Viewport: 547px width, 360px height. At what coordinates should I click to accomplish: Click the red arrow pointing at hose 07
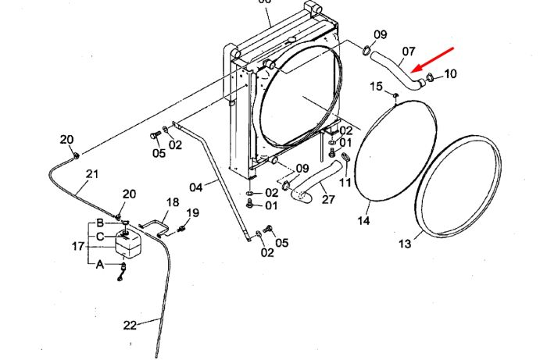click(x=433, y=59)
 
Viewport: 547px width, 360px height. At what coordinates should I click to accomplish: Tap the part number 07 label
click(x=409, y=52)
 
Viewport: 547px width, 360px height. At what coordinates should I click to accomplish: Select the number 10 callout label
click(x=450, y=74)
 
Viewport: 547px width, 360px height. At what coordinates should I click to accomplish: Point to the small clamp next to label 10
click(x=430, y=77)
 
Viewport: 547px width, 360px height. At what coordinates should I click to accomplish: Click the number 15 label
click(x=376, y=87)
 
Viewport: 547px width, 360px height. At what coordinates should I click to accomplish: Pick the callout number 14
click(x=363, y=220)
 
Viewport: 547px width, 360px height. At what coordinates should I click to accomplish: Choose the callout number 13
click(x=405, y=244)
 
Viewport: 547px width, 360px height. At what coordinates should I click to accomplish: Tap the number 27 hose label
click(x=328, y=199)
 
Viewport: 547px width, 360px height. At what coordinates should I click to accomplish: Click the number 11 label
click(x=345, y=182)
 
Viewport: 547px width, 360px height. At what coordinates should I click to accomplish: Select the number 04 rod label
click(x=196, y=187)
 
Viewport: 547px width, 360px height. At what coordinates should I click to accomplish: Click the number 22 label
click(x=130, y=326)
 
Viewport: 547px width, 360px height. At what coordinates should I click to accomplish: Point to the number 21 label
click(x=92, y=173)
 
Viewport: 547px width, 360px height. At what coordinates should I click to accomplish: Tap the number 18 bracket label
click(x=173, y=202)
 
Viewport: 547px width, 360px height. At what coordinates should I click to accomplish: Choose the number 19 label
click(x=192, y=212)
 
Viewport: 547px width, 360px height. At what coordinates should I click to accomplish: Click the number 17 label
click(x=78, y=247)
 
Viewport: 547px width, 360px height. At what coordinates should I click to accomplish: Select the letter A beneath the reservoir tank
click(x=100, y=265)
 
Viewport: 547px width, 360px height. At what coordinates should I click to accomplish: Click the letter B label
click(x=100, y=223)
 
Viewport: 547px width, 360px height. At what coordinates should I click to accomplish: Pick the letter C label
click(x=100, y=237)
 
